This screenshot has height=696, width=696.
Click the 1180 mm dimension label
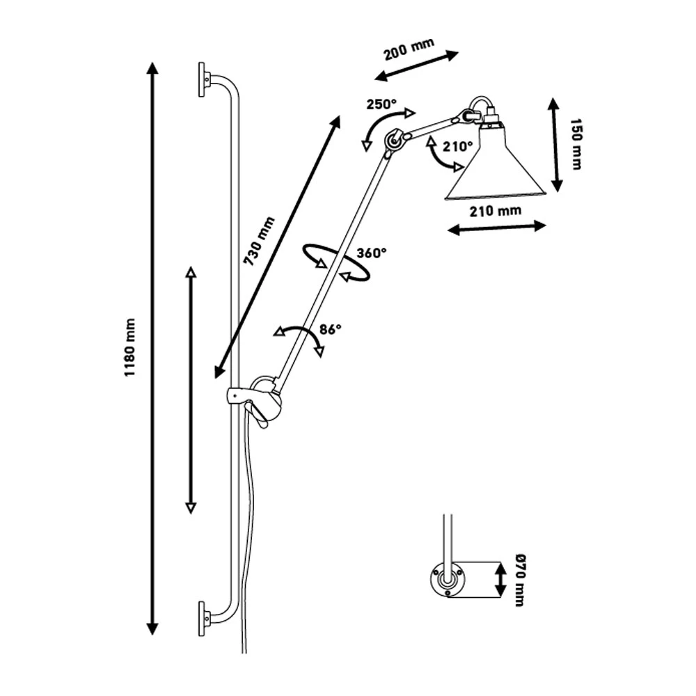129,347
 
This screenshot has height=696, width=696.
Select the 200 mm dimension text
409,49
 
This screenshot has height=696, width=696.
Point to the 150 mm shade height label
576,144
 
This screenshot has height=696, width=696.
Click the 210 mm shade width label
496,210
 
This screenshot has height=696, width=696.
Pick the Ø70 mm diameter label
520,580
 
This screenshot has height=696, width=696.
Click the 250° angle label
381,104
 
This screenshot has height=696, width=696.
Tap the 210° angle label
459,146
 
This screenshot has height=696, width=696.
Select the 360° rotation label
372,253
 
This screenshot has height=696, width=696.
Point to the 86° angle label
330,329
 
